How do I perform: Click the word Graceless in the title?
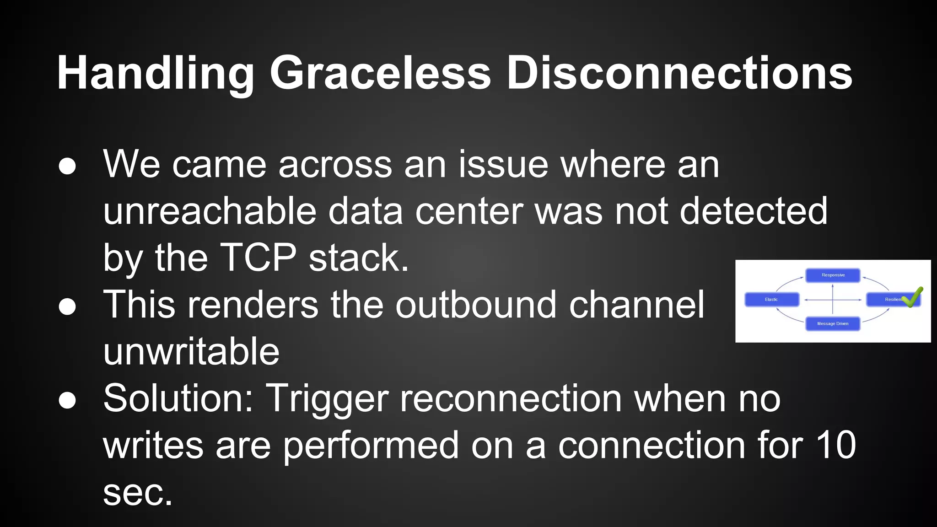[380, 73]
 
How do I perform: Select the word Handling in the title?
[156, 73]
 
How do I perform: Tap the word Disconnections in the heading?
[679, 73]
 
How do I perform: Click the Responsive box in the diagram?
[833, 275]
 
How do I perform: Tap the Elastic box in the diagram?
[772, 299]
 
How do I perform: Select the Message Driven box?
[833, 323]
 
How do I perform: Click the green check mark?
[912, 298]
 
